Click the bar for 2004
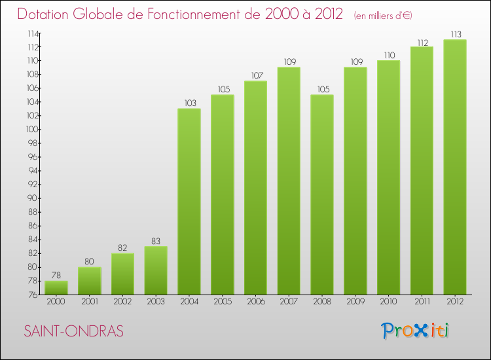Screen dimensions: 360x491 [x=189, y=201]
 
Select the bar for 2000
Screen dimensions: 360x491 [x=56, y=287]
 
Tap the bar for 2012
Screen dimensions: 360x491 [x=455, y=167]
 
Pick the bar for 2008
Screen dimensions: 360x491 [x=322, y=194]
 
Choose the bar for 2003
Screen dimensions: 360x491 [x=156, y=270]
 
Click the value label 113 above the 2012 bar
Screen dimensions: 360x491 [x=455, y=34]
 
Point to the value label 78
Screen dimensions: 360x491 [x=56, y=276]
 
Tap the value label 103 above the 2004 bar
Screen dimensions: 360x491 [x=189, y=103]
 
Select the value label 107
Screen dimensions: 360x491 [x=255, y=75]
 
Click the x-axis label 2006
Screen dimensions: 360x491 [x=255, y=301]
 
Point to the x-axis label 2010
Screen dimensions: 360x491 [x=388, y=301]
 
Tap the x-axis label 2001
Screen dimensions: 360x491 [x=89, y=301]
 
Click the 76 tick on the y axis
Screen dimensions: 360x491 [x=31, y=295]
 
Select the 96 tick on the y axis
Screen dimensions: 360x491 [x=31, y=157]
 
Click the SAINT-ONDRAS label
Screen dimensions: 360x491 [x=73, y=331]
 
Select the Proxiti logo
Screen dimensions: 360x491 [x=416, y=331]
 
